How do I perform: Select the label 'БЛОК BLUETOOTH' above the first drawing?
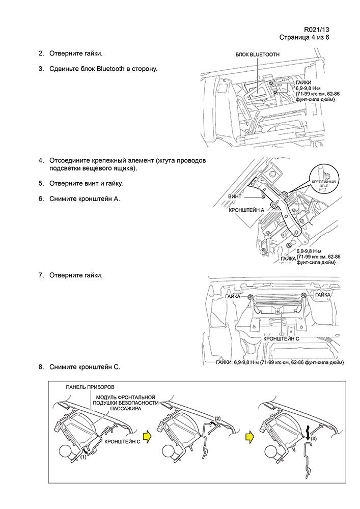[257, 54]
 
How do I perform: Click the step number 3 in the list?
[41, 68]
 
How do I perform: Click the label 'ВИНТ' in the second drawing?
[235, 196]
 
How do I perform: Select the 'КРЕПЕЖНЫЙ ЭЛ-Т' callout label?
[324, 184]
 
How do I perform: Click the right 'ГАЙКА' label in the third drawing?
[323, 295]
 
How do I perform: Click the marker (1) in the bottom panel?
[84, 457]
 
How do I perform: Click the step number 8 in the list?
[41, 366]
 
